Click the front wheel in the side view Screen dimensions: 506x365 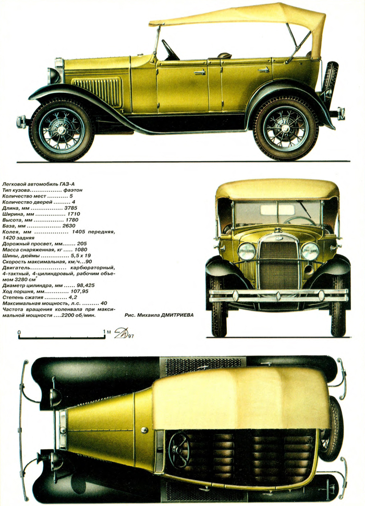click(x=62, y=129)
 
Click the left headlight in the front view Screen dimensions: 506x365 click(x=247, y=251)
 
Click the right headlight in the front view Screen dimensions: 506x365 click(x=310, y=251)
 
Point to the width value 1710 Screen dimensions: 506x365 click(x=73, y=214)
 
